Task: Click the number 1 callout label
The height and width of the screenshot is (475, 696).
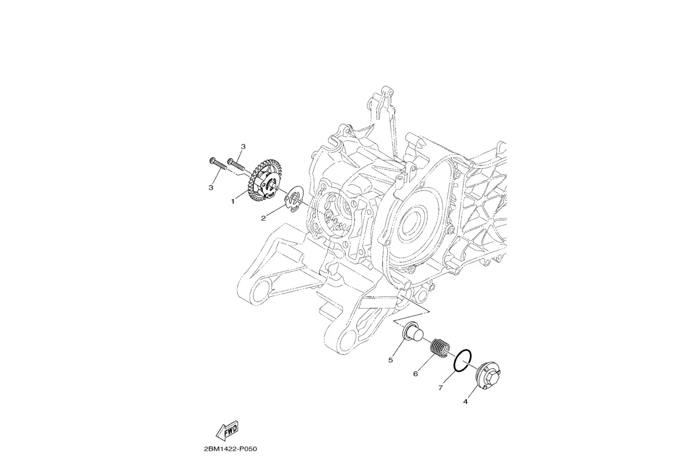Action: pyautogui.click(x=232, y=201)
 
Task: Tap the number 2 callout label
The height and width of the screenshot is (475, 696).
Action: pyautogui.click(x=263, y=218)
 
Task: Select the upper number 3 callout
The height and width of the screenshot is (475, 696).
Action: pyautogui.click(x=243, y=146)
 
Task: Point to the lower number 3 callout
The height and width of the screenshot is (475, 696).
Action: pyautogui.click(x=211, y=188)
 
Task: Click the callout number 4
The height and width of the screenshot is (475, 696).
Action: pyautogui.click(x=465, y=402)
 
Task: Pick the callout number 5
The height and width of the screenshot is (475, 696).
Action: pyautogui.click(x=391, y=360)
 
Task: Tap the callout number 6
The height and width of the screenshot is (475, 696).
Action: pyautogui.click(x=416, y=374)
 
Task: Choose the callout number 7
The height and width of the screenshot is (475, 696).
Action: pyautogui.click(x=440, y=388)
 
